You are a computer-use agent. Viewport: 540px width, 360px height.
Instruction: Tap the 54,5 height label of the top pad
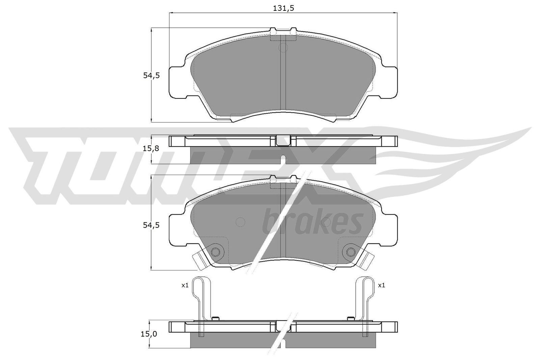coord(151,76)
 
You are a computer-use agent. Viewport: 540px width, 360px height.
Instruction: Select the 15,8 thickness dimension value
coord(151,148)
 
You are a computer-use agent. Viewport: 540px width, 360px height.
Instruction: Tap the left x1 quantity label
coord(185,285)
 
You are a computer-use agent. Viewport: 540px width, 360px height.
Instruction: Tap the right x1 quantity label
coord(381,285)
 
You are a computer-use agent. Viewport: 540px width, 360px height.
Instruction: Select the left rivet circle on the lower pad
coord(215,252)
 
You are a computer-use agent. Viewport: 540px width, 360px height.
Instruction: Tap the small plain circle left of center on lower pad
coord(240,222)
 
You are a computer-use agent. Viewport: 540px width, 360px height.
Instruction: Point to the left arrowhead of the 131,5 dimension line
coord(170,13)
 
